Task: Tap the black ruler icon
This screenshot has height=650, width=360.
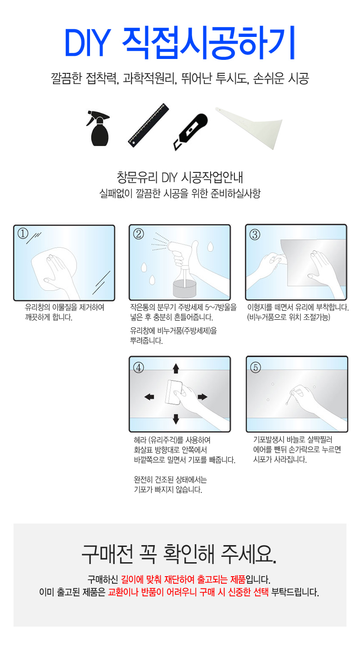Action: tap(148, 125)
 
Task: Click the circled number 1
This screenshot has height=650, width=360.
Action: tap(23, 234)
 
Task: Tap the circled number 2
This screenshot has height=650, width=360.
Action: tap(138, 234)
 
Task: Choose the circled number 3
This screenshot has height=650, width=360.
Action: tap(255, 235)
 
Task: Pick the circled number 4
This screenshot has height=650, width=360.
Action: tap(138, 368)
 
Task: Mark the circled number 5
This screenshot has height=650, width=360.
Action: tap(256, 367)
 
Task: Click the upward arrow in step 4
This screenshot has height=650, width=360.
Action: tap(176, 369)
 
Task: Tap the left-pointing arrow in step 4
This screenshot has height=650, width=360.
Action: tap(149, 397)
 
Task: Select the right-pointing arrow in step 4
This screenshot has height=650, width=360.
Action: tap(202, 397)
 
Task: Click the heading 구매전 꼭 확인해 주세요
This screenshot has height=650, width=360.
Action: tap(179, 554)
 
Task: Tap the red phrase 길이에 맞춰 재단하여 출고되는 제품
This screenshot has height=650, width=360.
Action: tap(183, 579)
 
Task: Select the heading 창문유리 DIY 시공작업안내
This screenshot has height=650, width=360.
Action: tap(180, 177)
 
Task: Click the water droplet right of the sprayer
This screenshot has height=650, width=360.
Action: tap(210, 247)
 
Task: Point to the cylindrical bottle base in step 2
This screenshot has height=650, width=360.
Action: tap(184, 289)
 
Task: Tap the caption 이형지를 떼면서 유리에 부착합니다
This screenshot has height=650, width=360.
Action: tap(298, 307)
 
